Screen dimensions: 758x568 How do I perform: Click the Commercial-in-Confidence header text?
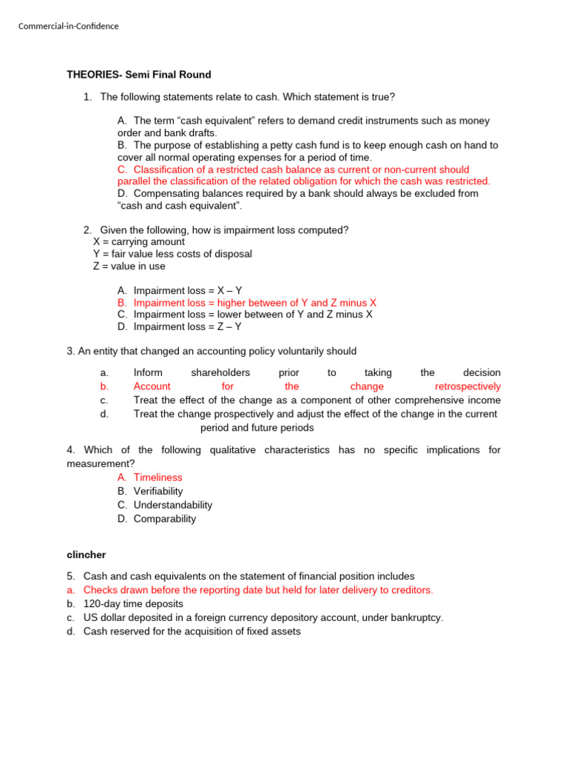68,27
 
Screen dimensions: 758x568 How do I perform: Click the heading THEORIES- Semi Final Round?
139,75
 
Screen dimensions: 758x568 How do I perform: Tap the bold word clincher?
87,554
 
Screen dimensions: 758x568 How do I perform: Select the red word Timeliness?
158,477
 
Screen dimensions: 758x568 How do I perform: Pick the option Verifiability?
158,491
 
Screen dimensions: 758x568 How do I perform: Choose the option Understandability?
173,505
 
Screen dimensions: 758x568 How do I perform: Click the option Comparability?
165,519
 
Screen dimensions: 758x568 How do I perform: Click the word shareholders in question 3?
220,372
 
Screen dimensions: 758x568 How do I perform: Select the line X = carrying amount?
139,241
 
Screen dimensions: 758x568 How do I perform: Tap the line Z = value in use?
129,266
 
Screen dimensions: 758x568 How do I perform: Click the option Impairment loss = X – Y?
188,291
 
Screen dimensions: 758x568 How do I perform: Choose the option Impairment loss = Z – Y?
188,326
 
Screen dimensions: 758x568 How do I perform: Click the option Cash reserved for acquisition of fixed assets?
192,631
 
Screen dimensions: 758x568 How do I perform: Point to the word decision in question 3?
481,372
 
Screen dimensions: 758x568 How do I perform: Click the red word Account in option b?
152,386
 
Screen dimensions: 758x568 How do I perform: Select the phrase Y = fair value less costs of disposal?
172,254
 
